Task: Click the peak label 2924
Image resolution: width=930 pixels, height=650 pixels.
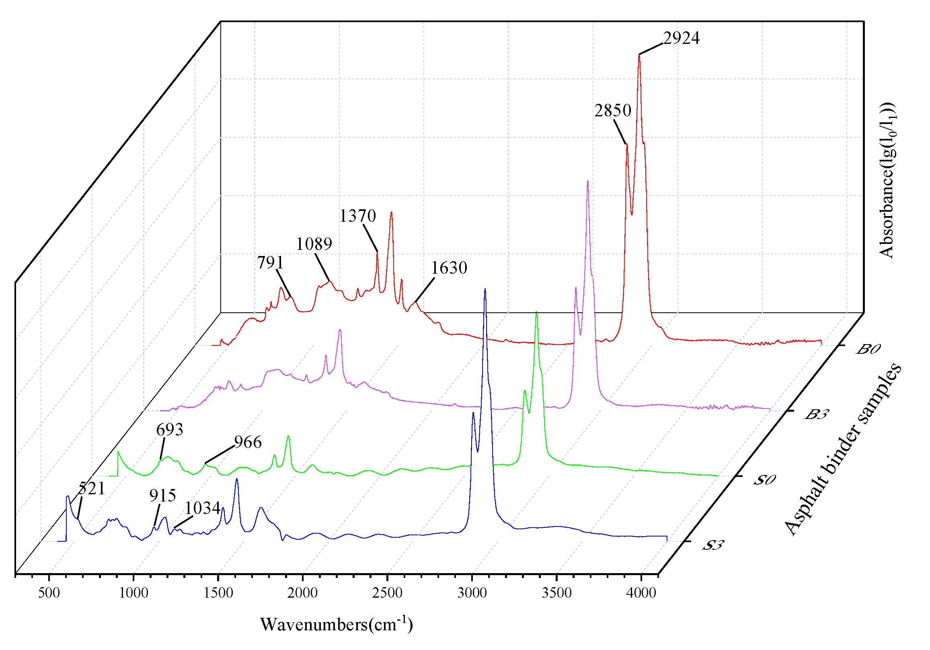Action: [681, 38]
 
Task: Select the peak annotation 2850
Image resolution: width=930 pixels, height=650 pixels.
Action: [612, 110]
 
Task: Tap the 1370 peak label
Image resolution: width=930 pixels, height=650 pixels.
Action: [358, 216]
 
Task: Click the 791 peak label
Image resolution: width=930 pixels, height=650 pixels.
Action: [270, 263]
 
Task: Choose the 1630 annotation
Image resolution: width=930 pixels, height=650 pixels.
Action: [449, 268]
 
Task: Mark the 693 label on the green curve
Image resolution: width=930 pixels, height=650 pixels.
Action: [170, 429]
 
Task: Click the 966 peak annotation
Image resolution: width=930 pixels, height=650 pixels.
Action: [248, 442]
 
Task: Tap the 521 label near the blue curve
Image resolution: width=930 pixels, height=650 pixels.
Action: [92, 489]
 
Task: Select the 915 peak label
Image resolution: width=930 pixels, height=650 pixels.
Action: [162, 495]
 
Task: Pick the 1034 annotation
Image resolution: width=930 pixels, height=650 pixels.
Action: [203, 508]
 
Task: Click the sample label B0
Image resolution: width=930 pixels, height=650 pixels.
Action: [868, 349]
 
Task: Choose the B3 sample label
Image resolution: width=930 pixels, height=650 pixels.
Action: [816, 415]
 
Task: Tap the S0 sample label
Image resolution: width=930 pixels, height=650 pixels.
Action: [764, 480]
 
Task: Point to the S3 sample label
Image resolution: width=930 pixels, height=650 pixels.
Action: [712, 545]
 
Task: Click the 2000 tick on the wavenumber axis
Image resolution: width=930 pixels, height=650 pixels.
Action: [303, 593]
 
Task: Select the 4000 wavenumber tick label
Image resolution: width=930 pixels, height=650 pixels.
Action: [641, 593]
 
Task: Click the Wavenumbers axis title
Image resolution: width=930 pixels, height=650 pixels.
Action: [336, 625]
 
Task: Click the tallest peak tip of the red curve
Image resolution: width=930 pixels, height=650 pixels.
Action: [639, 55]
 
